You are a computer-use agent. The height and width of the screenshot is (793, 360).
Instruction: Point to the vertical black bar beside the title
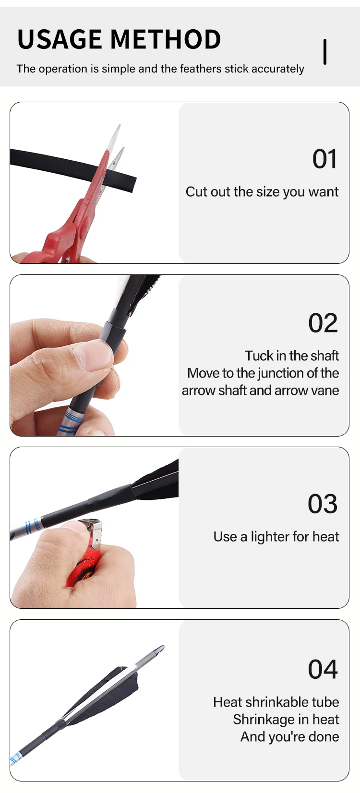(325, 52)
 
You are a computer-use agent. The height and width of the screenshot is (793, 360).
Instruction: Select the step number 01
(325, 159)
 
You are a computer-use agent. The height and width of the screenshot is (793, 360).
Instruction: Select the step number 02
(323, 323)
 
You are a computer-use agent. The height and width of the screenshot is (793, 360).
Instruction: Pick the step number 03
(323, 504)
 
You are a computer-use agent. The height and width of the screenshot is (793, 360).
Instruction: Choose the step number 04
(323, 670)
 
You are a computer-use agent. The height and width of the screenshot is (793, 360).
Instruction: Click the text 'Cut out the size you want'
(262, 192)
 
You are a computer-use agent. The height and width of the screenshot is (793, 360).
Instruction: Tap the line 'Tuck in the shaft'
(292, 356)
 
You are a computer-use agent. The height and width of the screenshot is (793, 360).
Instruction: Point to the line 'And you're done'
(290, 737)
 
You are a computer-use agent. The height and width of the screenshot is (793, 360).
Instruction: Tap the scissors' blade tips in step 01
(117, 139)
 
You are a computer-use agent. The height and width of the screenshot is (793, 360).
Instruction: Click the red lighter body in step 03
(84, 564)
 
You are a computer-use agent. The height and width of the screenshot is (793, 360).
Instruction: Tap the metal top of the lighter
(94, 531)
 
